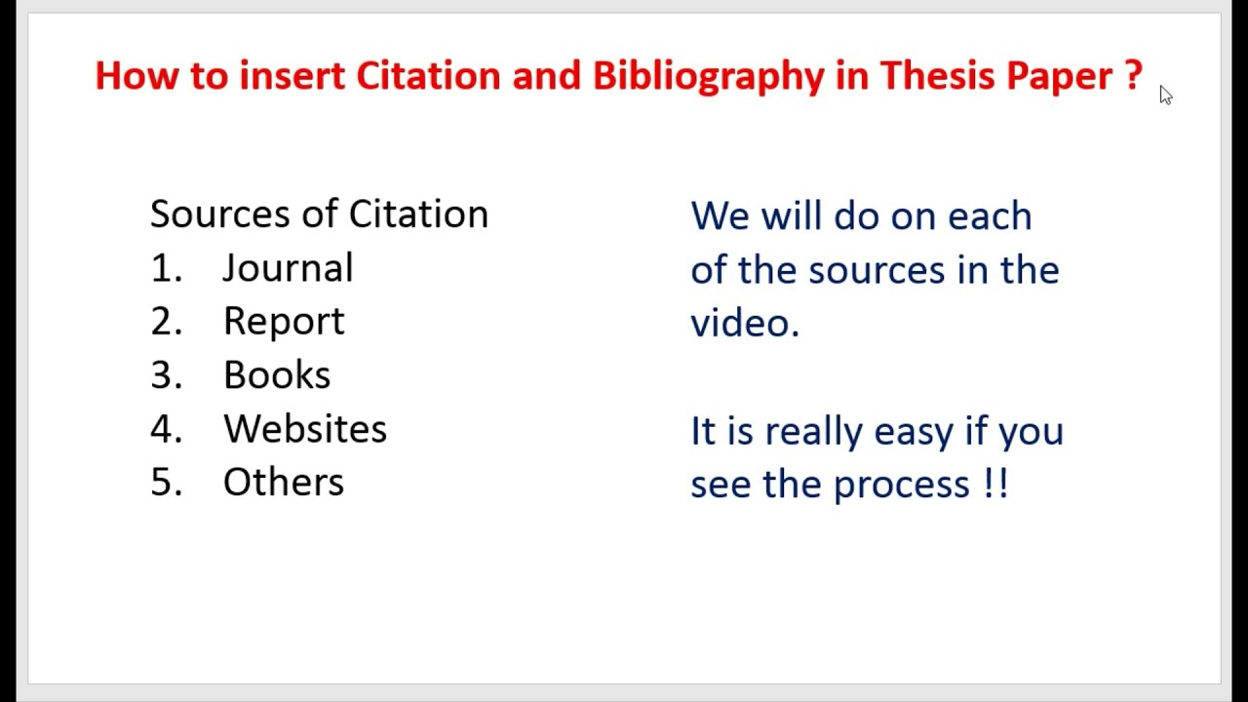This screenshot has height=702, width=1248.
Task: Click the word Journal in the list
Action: coord(288,268)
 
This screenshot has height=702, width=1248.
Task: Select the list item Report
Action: coord(284,322)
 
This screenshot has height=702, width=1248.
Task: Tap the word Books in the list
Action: coord(277,375)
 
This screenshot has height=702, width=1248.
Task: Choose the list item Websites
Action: coord(304,429)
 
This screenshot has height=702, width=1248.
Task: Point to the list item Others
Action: coord(283,483)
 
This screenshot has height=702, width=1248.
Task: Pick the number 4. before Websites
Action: coord(166,429)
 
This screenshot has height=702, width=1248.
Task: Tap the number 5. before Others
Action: coord(166,483)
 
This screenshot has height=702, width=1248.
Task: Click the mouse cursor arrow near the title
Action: coord(1165,95)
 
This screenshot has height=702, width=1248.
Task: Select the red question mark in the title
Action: coord(1132,75)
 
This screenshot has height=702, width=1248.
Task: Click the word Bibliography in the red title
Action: coord(708,76)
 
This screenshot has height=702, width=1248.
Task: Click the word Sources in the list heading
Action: coord(220,214)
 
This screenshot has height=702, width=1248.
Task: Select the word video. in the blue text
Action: coord(745,323)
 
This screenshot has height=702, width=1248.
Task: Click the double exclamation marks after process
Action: coord(996,484)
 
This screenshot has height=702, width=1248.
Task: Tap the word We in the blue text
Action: coord(720,215)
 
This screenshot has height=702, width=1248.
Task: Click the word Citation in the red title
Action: coord(428,75)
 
